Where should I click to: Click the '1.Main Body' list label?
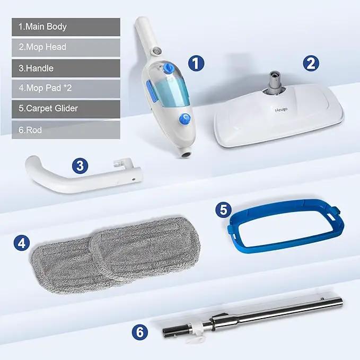tap(42, 27)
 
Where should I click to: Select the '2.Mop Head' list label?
tap(42, 47)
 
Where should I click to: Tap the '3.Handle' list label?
tap(36, 68)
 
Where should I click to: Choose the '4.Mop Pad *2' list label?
tap(45, 88)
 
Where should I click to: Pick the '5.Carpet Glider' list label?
tap(48, 108)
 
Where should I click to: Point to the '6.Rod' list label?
tap(30, 130)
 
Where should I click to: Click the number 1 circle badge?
tap(196, 63)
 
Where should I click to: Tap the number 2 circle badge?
tap(311, 63)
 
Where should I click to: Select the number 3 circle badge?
tap(80, 165)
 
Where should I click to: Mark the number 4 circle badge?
tap(22, 243)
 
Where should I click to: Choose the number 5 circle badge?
tap(223, 209)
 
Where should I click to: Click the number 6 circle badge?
tap(140, 332)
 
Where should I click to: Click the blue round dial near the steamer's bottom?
tap(185, 119)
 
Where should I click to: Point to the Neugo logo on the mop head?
tap(281, 110)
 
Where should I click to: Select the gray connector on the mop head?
tap(275, 82)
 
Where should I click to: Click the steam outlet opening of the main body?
tap(186, 155)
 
